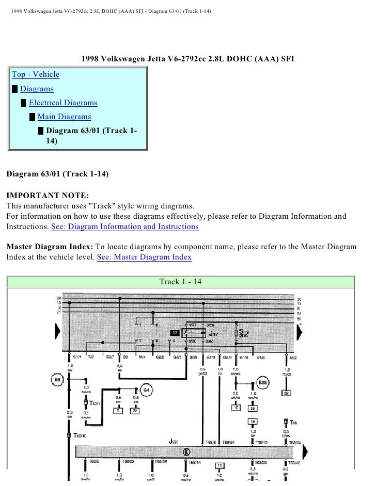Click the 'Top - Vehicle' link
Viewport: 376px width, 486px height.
(x=36, y=75)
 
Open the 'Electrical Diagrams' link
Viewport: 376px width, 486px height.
(x=62, y=103)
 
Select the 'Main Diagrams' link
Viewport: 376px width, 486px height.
(x=64, y=117)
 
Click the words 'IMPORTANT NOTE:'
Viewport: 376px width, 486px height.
(x=48, y=197)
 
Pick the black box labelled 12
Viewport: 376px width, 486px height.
(x=176, y=333)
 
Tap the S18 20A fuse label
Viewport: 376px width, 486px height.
(x=244, y=332)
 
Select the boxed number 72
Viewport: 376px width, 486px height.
(x=135, y=411)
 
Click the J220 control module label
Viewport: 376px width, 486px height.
(x=175, y=441)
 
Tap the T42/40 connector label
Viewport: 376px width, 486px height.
(x=80, y=436)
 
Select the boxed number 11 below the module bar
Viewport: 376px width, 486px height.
(x=219, y=466)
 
